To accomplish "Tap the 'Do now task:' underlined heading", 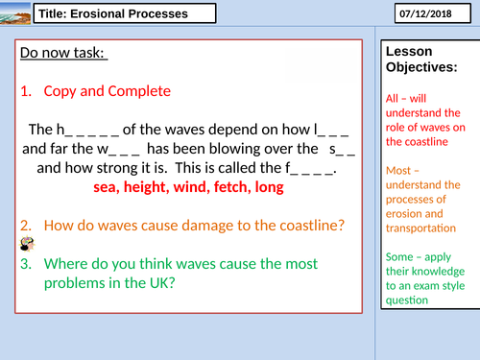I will coord(63,55).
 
